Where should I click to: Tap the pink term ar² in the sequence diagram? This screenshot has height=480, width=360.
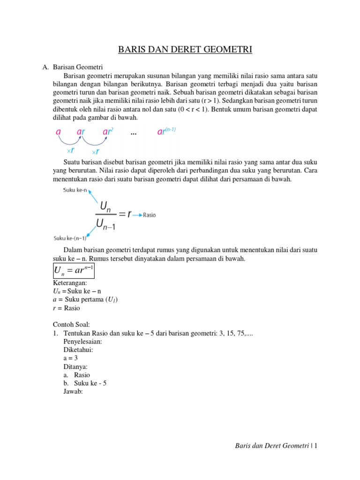point(109,133)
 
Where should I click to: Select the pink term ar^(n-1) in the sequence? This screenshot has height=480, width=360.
point(165,132)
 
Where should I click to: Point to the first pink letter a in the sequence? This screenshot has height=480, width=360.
point(58,133)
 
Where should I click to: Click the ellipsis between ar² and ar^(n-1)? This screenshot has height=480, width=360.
point(134,134)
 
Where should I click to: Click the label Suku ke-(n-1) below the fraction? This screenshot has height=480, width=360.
point(70,237)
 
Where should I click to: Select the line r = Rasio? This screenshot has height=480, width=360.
point(66,308)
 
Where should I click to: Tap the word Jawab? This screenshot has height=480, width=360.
point(73,392)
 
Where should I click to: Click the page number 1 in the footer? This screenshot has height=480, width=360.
point(316,446)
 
